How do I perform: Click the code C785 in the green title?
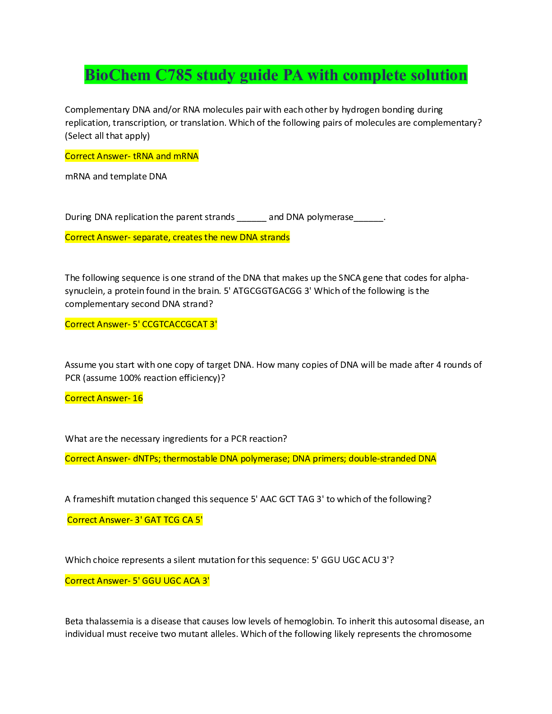[174, 75]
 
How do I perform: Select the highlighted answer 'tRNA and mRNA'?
[166, 156]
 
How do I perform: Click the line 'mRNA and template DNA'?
[116, 176]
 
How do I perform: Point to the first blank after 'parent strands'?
[252, 218]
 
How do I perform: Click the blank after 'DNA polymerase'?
[369, 218]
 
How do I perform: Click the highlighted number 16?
[138, 398]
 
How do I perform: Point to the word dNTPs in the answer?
[146, 458]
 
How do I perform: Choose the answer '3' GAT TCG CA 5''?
[169, 520]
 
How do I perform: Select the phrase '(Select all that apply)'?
[107, 136]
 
